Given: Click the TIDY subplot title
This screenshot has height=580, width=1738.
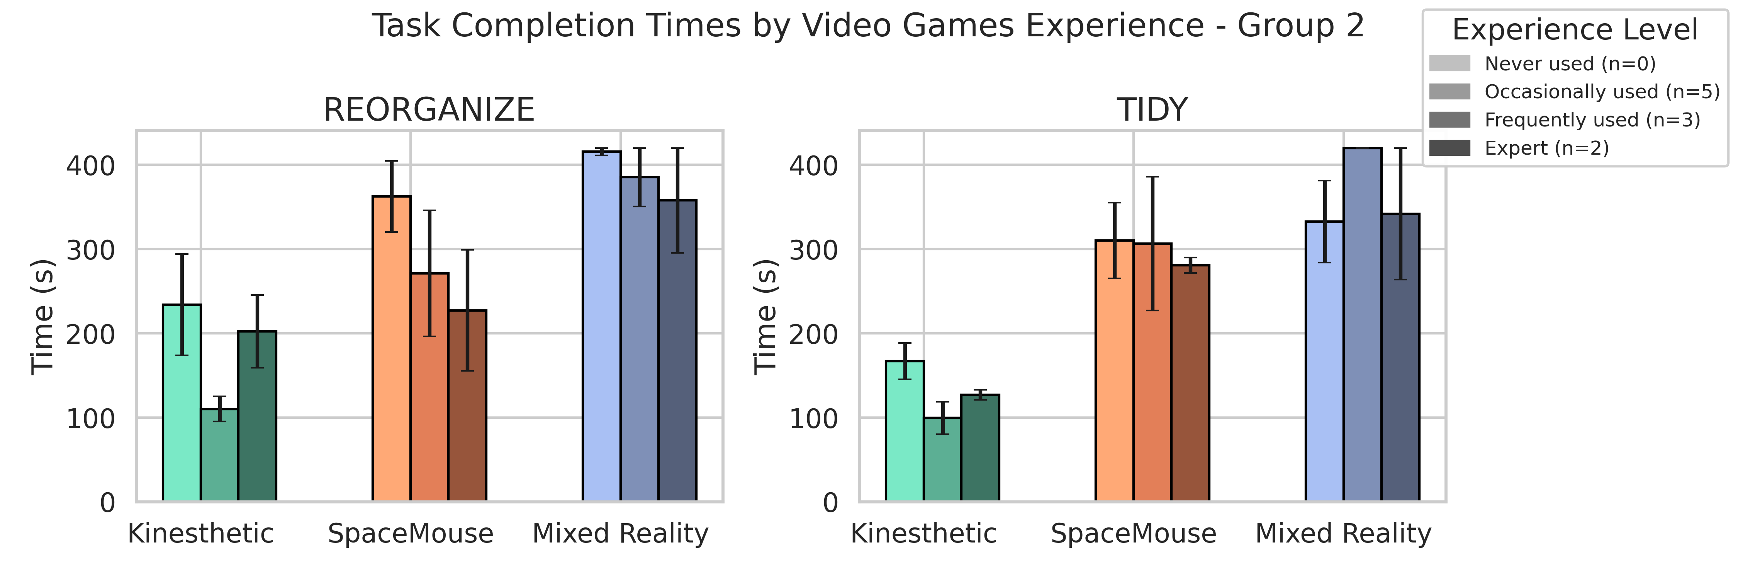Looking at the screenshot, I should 1152,109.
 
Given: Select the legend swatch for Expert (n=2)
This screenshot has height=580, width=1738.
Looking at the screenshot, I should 1449,148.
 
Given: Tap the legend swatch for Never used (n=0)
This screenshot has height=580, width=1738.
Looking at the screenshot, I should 1449,63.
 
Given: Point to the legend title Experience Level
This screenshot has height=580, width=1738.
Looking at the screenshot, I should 1575,30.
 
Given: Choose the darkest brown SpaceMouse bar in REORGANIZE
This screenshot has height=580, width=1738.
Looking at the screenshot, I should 467,405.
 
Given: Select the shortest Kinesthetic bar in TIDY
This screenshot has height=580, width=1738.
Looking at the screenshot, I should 942,459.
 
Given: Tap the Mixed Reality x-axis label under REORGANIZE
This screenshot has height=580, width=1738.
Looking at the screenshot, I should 620,534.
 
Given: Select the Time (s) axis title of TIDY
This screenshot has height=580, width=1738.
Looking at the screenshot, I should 766,316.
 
